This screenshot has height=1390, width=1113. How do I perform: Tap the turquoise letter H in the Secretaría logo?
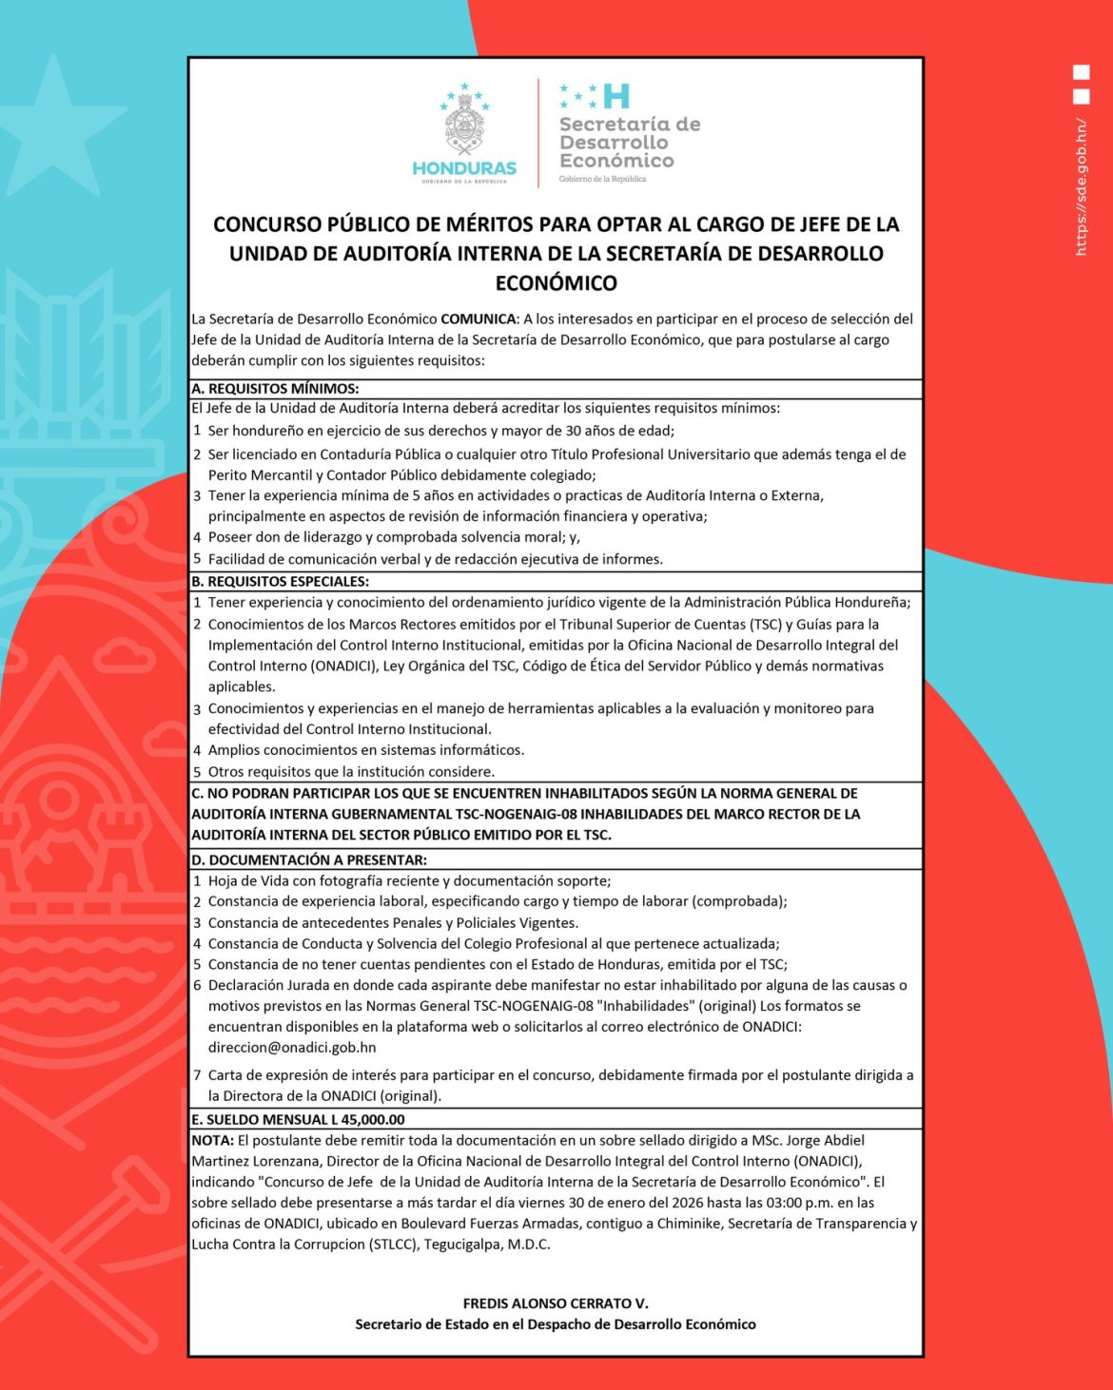(x=616, y=96)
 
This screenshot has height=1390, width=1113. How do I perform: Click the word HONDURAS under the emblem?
(x=464, y=168)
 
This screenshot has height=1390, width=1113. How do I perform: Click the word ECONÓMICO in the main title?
(x=556, y=283)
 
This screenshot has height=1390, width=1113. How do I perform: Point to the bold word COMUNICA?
(x=478, y=319)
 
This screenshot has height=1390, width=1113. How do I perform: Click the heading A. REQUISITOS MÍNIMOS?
(x=275, y=389)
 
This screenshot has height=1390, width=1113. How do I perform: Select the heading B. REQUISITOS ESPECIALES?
(x=280, y=582)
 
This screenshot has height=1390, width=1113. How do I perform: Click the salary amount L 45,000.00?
(x=367, y=1120)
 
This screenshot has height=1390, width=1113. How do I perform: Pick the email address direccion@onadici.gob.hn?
(x=292, y=1048)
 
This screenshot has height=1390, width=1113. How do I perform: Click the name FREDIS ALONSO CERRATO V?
(x=556, y=1303)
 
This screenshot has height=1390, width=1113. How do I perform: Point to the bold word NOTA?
(x=212, y=1140)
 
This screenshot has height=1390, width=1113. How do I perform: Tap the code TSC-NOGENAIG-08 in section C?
(x=500, y=815)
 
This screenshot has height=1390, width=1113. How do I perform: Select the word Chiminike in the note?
(x=687, y=1224)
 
